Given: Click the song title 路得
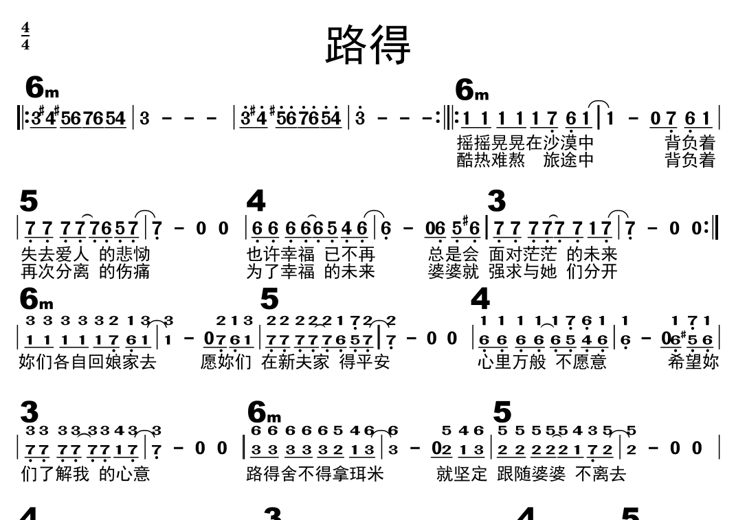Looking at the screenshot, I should pos(368,45).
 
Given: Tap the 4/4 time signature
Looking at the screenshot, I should pos(25,36).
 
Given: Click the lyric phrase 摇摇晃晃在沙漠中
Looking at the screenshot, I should pos(525,143).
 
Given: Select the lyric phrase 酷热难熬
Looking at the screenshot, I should pos(491,160).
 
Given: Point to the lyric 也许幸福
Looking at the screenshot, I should pos(280,254).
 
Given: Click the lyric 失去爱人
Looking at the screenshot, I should pos(55,254).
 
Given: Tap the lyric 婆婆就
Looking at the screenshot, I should pos(453,271).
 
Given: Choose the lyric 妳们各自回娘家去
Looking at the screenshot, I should pos(87,361).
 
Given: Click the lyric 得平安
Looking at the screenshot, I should pos(364,361).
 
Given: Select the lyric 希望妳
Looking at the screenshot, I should pos(693,361).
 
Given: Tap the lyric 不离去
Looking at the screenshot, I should pos(600,473).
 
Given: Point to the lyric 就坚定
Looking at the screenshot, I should pos(462,473).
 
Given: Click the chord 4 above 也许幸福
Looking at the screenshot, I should pos(256,202).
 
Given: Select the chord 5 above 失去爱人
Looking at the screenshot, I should pos(29,202).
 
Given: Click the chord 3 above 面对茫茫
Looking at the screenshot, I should pos(496,202).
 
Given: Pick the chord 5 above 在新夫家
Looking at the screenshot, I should pos(269,299).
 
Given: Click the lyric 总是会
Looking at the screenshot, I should pos(453,254).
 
